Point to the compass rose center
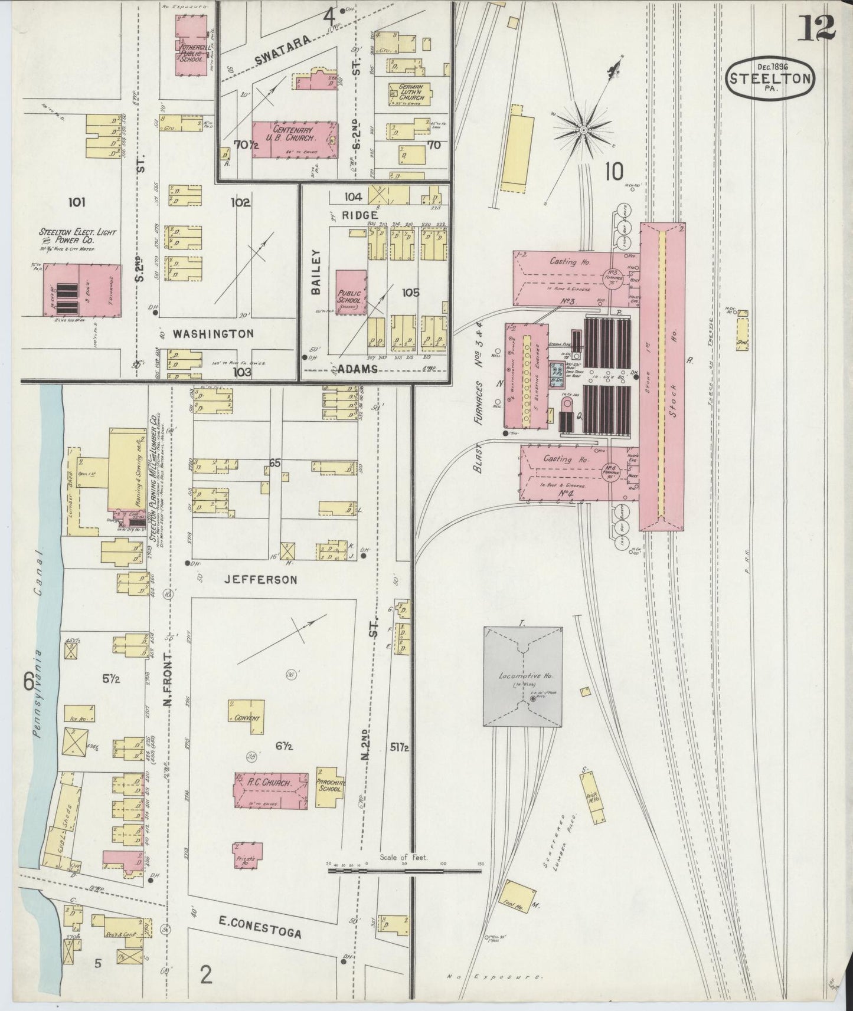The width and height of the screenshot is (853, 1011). (x=583, y=130)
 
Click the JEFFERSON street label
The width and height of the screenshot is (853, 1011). (x=260, y=580)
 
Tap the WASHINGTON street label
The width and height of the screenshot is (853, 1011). (x=213, y=334)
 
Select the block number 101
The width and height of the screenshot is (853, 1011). (x=76, y=203)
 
